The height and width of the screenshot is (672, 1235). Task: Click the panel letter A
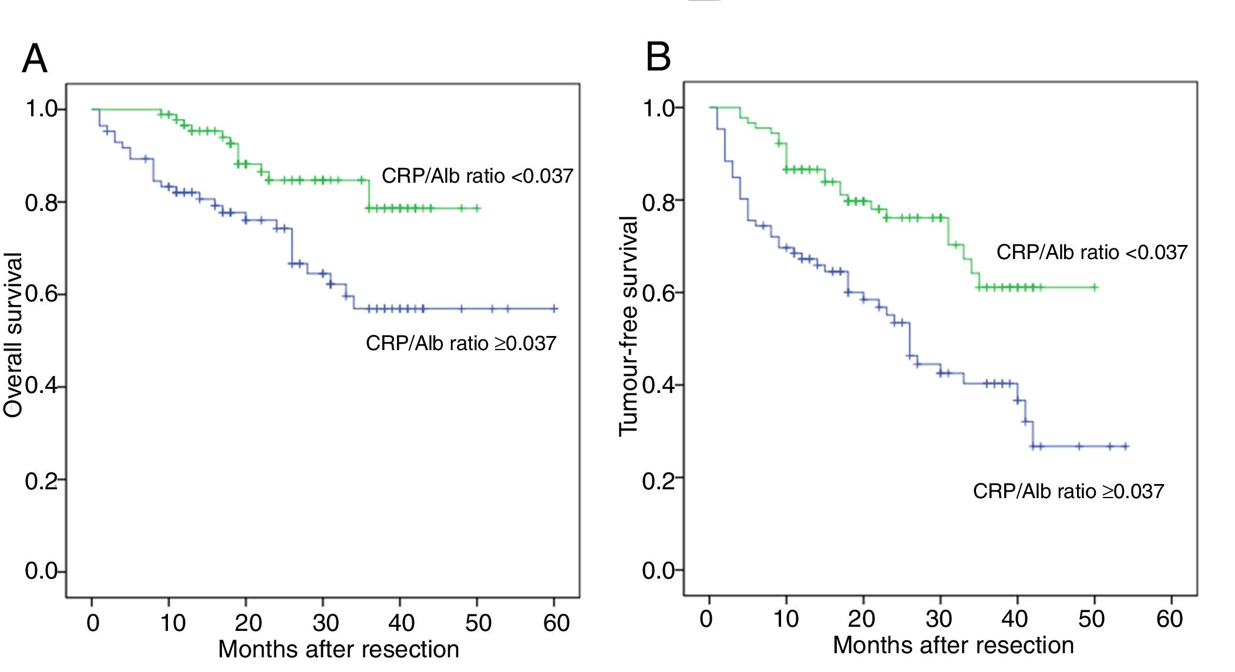point(35,59)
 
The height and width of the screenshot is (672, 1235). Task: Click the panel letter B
point(658,58)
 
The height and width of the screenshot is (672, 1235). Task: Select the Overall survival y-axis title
point(13,335)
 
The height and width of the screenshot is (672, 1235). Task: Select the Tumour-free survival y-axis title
point(628,327)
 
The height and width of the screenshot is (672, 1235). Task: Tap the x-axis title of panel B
point(953,646)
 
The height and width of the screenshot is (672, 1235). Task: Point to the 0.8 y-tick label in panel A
point(41,203)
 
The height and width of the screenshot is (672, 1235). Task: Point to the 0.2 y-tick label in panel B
point(658,481)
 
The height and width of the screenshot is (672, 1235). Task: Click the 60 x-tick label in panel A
point(556,623)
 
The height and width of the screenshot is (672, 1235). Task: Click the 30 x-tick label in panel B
point(938,619)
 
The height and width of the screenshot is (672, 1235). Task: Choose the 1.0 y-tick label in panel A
point(41,109)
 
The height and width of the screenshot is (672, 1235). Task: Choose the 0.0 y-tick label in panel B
point(658,570)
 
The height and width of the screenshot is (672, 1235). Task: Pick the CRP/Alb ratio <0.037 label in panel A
point(477,176)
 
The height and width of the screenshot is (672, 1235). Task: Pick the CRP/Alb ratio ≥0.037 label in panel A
point(461,343)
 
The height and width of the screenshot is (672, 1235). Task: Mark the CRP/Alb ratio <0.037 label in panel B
point(1092,253)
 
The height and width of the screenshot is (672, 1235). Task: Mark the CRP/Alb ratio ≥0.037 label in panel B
point(1068,491)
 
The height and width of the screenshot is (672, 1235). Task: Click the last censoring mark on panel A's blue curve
point(554,308)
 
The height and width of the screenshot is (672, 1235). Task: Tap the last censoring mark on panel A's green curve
point(477,208)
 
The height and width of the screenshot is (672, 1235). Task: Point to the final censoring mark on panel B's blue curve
point(1125,446)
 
